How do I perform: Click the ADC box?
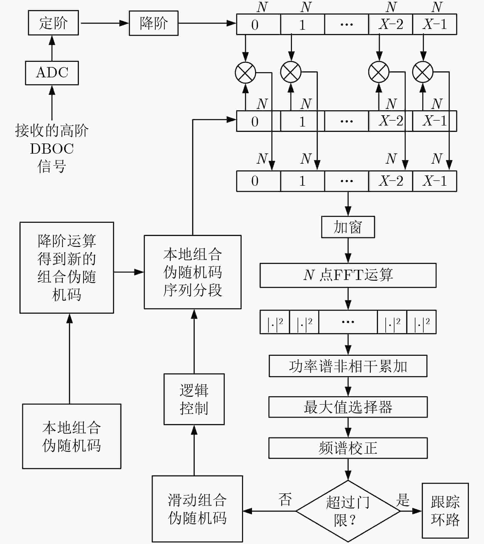pyautogui.click(x=52, y=73)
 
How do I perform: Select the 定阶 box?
pyautogui.click(x=53, y=23)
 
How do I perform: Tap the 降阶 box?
pyautogui.click(x=154, y=23)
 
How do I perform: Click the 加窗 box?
pyautogui.click(x=348, y=227)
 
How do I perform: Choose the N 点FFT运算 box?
pyautogui.click(x=348, y=276)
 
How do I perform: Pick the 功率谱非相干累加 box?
pyautogui.click(x=348, y=366)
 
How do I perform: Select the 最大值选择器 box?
pyautogui.click(x=348, y=407)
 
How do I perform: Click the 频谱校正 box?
pyautogui.click(x=348, y=448)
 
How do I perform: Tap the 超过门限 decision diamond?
pyautogui.click(x=348, y=511)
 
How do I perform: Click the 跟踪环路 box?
pyautogui.click(x=445, y=511)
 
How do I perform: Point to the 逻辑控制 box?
pyautogui.click(x=194, y=399)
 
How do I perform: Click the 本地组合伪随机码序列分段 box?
pyautogui.click(x=193, y=272)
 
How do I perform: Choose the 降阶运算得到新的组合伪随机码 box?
pyautogui.click(x=67, y=268)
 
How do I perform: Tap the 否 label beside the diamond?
pyautogui.click(x=285, y=499)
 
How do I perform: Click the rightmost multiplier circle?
pyautogui.click(x=423, y=72)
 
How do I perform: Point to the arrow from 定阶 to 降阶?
pyautogui.click(x=105, y=23)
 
